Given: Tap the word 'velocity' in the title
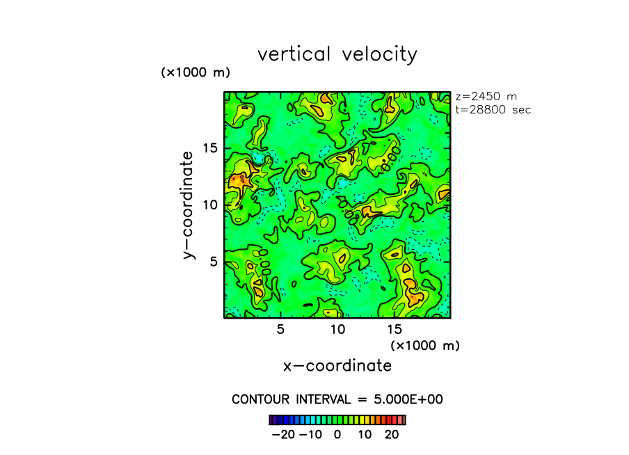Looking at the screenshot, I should coord(379,54).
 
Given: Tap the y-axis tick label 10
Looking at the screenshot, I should coord(210,205).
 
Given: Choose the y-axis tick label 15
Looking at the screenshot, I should coord(210,147).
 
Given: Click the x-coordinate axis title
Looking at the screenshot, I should coord(337,365).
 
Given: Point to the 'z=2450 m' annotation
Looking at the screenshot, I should coord(486,97).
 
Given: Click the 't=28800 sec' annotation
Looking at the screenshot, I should coord(493,110).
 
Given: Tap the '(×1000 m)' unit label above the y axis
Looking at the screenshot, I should coord(196,72).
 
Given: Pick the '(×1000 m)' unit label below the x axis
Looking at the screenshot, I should coord(424,345).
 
